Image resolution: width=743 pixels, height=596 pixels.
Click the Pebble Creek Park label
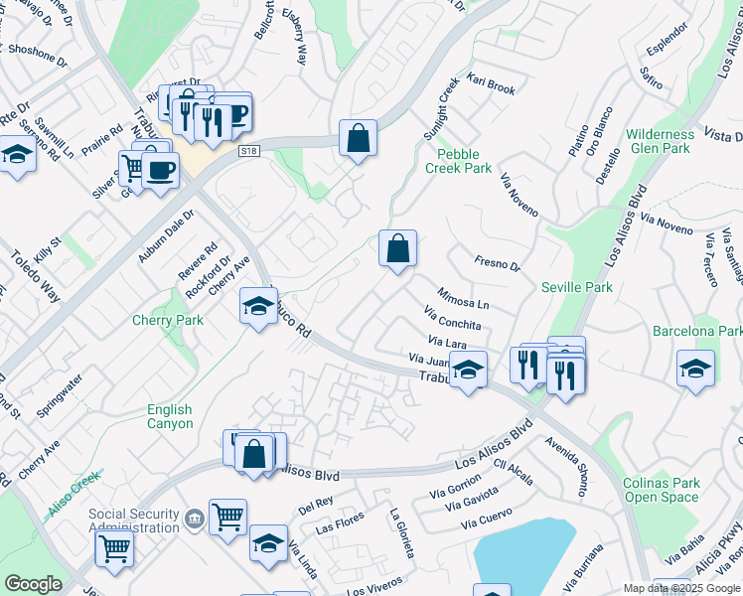[x=459, y=161]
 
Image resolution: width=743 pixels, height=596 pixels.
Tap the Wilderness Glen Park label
[x=660, y=141]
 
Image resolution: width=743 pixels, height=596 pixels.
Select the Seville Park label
[x=577, y=287]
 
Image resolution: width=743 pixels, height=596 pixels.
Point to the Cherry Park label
[x=168, y=320]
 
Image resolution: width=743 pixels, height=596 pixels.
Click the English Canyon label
[x=170, y=416]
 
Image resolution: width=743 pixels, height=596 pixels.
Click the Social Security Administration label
[x=135, y=521]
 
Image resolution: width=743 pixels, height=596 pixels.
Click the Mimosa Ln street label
[x=463, y=297]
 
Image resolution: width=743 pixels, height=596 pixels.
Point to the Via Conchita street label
[x=452, y=319]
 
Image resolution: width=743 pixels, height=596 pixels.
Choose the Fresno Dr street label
[x=498, y=265]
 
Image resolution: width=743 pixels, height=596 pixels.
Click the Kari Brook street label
[x=491, y=83]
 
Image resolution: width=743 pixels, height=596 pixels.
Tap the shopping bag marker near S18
[x=358, y=138]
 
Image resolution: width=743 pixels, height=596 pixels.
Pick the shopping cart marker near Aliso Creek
[x=114, y=545]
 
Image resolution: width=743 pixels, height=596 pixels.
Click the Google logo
[x=33, y=584]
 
